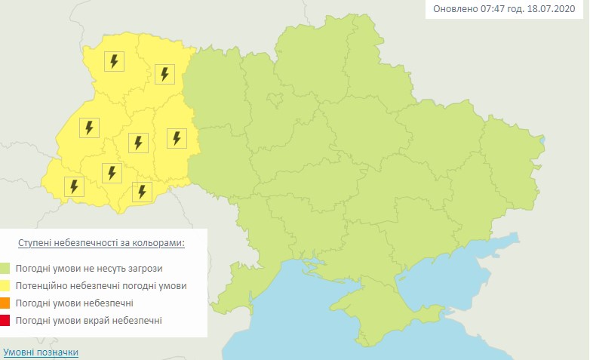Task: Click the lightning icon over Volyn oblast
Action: (115, 61)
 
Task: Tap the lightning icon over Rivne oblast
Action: (165, 73)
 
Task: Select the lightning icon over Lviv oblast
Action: (89, 128)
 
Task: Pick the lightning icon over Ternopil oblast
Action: (137, 141)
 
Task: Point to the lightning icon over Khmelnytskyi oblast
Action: (177, 138)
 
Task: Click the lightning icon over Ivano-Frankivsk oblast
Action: (112, 173)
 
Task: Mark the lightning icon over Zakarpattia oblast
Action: (74, 186)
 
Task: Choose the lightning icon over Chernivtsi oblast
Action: (141, 191)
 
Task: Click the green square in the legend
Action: (6, 268)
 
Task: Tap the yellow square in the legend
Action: (6, 286)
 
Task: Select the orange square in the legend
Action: (6, 303)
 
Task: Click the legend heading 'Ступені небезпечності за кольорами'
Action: (102, 244)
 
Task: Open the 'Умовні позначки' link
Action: (41, 352)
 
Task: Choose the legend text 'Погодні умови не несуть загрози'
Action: (88, 268)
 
